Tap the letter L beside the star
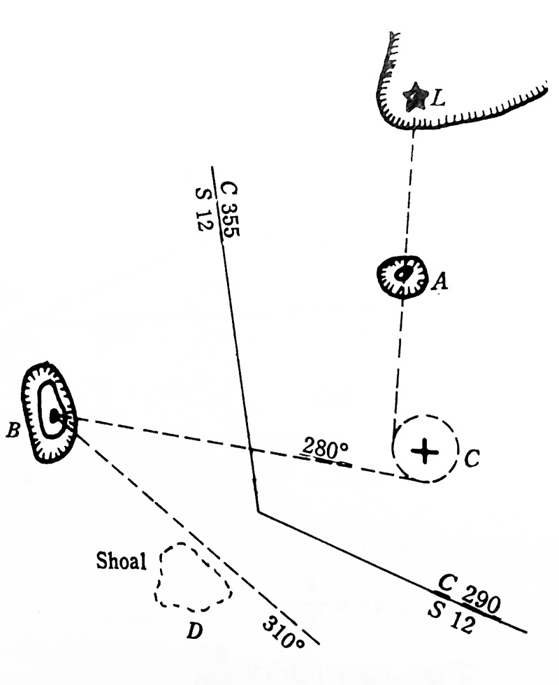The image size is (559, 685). point(437,99)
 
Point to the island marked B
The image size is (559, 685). point(49,413)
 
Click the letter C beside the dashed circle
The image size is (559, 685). point(472,458)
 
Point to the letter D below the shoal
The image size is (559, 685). point(194,631)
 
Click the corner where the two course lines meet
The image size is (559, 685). point(259,512)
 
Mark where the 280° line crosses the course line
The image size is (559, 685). point(249,449)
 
